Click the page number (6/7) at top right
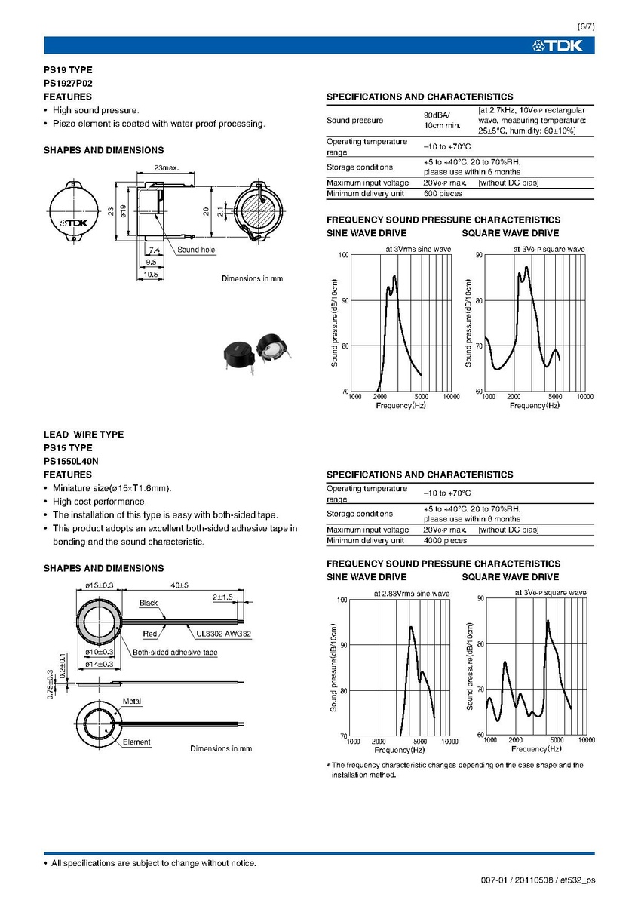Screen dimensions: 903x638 coord(585,27)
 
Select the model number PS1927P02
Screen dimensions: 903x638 coord(68,83)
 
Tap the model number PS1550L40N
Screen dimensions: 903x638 coord(71,461)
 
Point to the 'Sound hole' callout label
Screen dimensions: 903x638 coord(196,250)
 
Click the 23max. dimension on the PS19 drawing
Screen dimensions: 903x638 coord(166,167)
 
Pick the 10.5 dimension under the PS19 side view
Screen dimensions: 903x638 coord(151,275)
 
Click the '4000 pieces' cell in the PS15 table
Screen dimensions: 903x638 coord(445,540)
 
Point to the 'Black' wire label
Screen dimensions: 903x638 coord(149,603)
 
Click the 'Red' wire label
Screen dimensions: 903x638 coord(149,634)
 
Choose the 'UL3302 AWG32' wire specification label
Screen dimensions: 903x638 coord(223,634)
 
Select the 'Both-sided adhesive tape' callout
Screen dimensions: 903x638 coord(175,652)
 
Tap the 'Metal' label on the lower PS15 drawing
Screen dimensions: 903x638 coord(131,702)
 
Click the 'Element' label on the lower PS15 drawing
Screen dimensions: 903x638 coord(136,742)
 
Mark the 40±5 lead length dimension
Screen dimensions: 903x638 coord(179,585)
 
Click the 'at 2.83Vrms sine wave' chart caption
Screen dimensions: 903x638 coord(411,594)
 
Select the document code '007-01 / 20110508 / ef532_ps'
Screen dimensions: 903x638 coord(537,880)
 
